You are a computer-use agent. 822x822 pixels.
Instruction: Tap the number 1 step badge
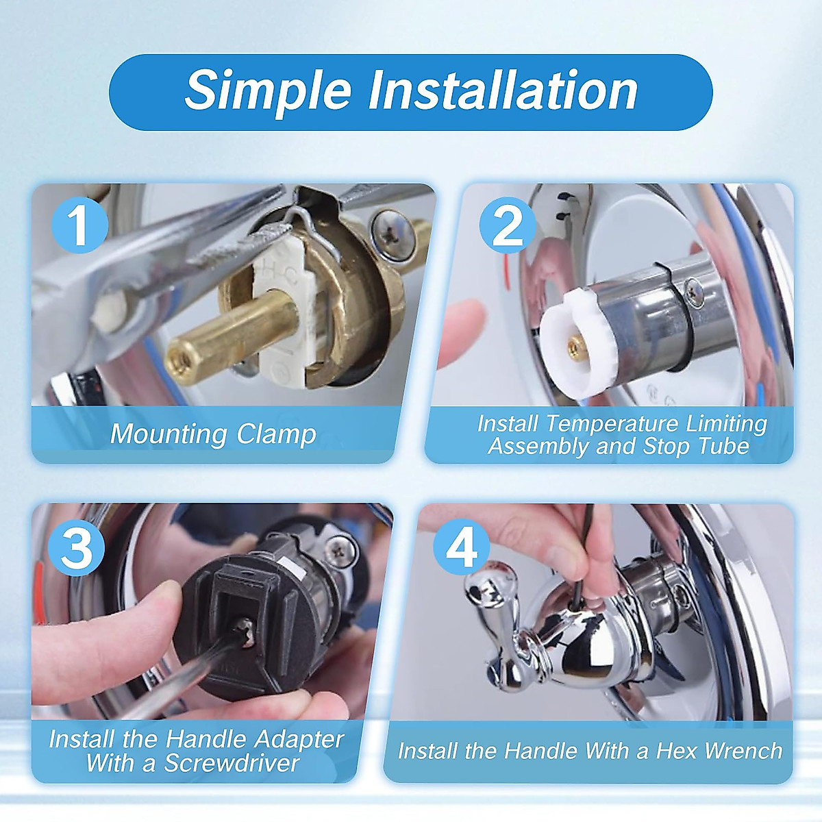tap(79, 224)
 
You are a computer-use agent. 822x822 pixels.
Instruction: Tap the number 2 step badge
tap(507, 225)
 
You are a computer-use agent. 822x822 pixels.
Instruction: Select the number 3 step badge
tap(76, 547)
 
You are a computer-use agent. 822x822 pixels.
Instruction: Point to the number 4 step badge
tap(462, 547)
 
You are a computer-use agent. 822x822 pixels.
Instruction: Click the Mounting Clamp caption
tap(213, 434)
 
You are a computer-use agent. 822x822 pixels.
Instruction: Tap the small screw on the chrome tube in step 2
tap(695, 292)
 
